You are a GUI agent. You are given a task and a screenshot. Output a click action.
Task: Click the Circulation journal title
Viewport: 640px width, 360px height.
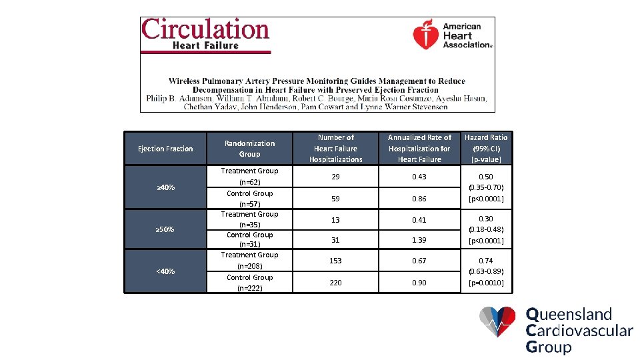[205, 30]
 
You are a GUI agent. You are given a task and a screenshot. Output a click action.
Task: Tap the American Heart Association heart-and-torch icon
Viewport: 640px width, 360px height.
[425, 34]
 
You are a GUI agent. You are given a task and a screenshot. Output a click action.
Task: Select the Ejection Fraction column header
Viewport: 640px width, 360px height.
[165, 149]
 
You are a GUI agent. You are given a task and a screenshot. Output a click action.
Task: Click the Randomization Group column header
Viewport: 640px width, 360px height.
[249, 149]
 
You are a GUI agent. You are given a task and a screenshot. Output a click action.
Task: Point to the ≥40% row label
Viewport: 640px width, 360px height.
[165, 188]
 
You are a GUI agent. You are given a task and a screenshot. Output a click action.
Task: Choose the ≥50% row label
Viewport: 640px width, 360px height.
[165, 230]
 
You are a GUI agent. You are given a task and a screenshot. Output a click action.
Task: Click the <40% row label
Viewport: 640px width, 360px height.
[165, 271]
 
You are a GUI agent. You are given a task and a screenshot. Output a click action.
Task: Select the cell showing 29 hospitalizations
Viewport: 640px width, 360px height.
[335, 177]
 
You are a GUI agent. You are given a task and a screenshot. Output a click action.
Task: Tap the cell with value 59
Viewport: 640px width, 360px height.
[335, 199]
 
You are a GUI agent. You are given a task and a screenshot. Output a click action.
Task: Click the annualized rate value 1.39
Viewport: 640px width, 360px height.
[419, 239]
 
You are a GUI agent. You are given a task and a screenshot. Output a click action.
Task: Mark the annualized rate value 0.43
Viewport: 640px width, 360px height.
[419, 177]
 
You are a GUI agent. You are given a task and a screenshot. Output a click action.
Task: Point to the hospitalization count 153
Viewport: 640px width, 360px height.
[335, 261]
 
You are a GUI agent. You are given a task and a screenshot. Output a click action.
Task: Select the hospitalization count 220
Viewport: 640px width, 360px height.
[335, 283]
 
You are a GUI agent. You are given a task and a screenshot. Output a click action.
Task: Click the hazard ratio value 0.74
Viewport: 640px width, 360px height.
[486, 261]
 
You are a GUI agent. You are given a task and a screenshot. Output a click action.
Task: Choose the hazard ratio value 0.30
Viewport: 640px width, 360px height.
[486, 219]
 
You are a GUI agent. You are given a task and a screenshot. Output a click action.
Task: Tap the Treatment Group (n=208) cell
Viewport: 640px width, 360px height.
[249, 260]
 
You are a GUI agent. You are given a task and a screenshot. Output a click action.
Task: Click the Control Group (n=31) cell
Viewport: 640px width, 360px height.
[249, 239]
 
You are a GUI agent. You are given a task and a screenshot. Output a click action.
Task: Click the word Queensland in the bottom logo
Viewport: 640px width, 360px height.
[569, 315]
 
